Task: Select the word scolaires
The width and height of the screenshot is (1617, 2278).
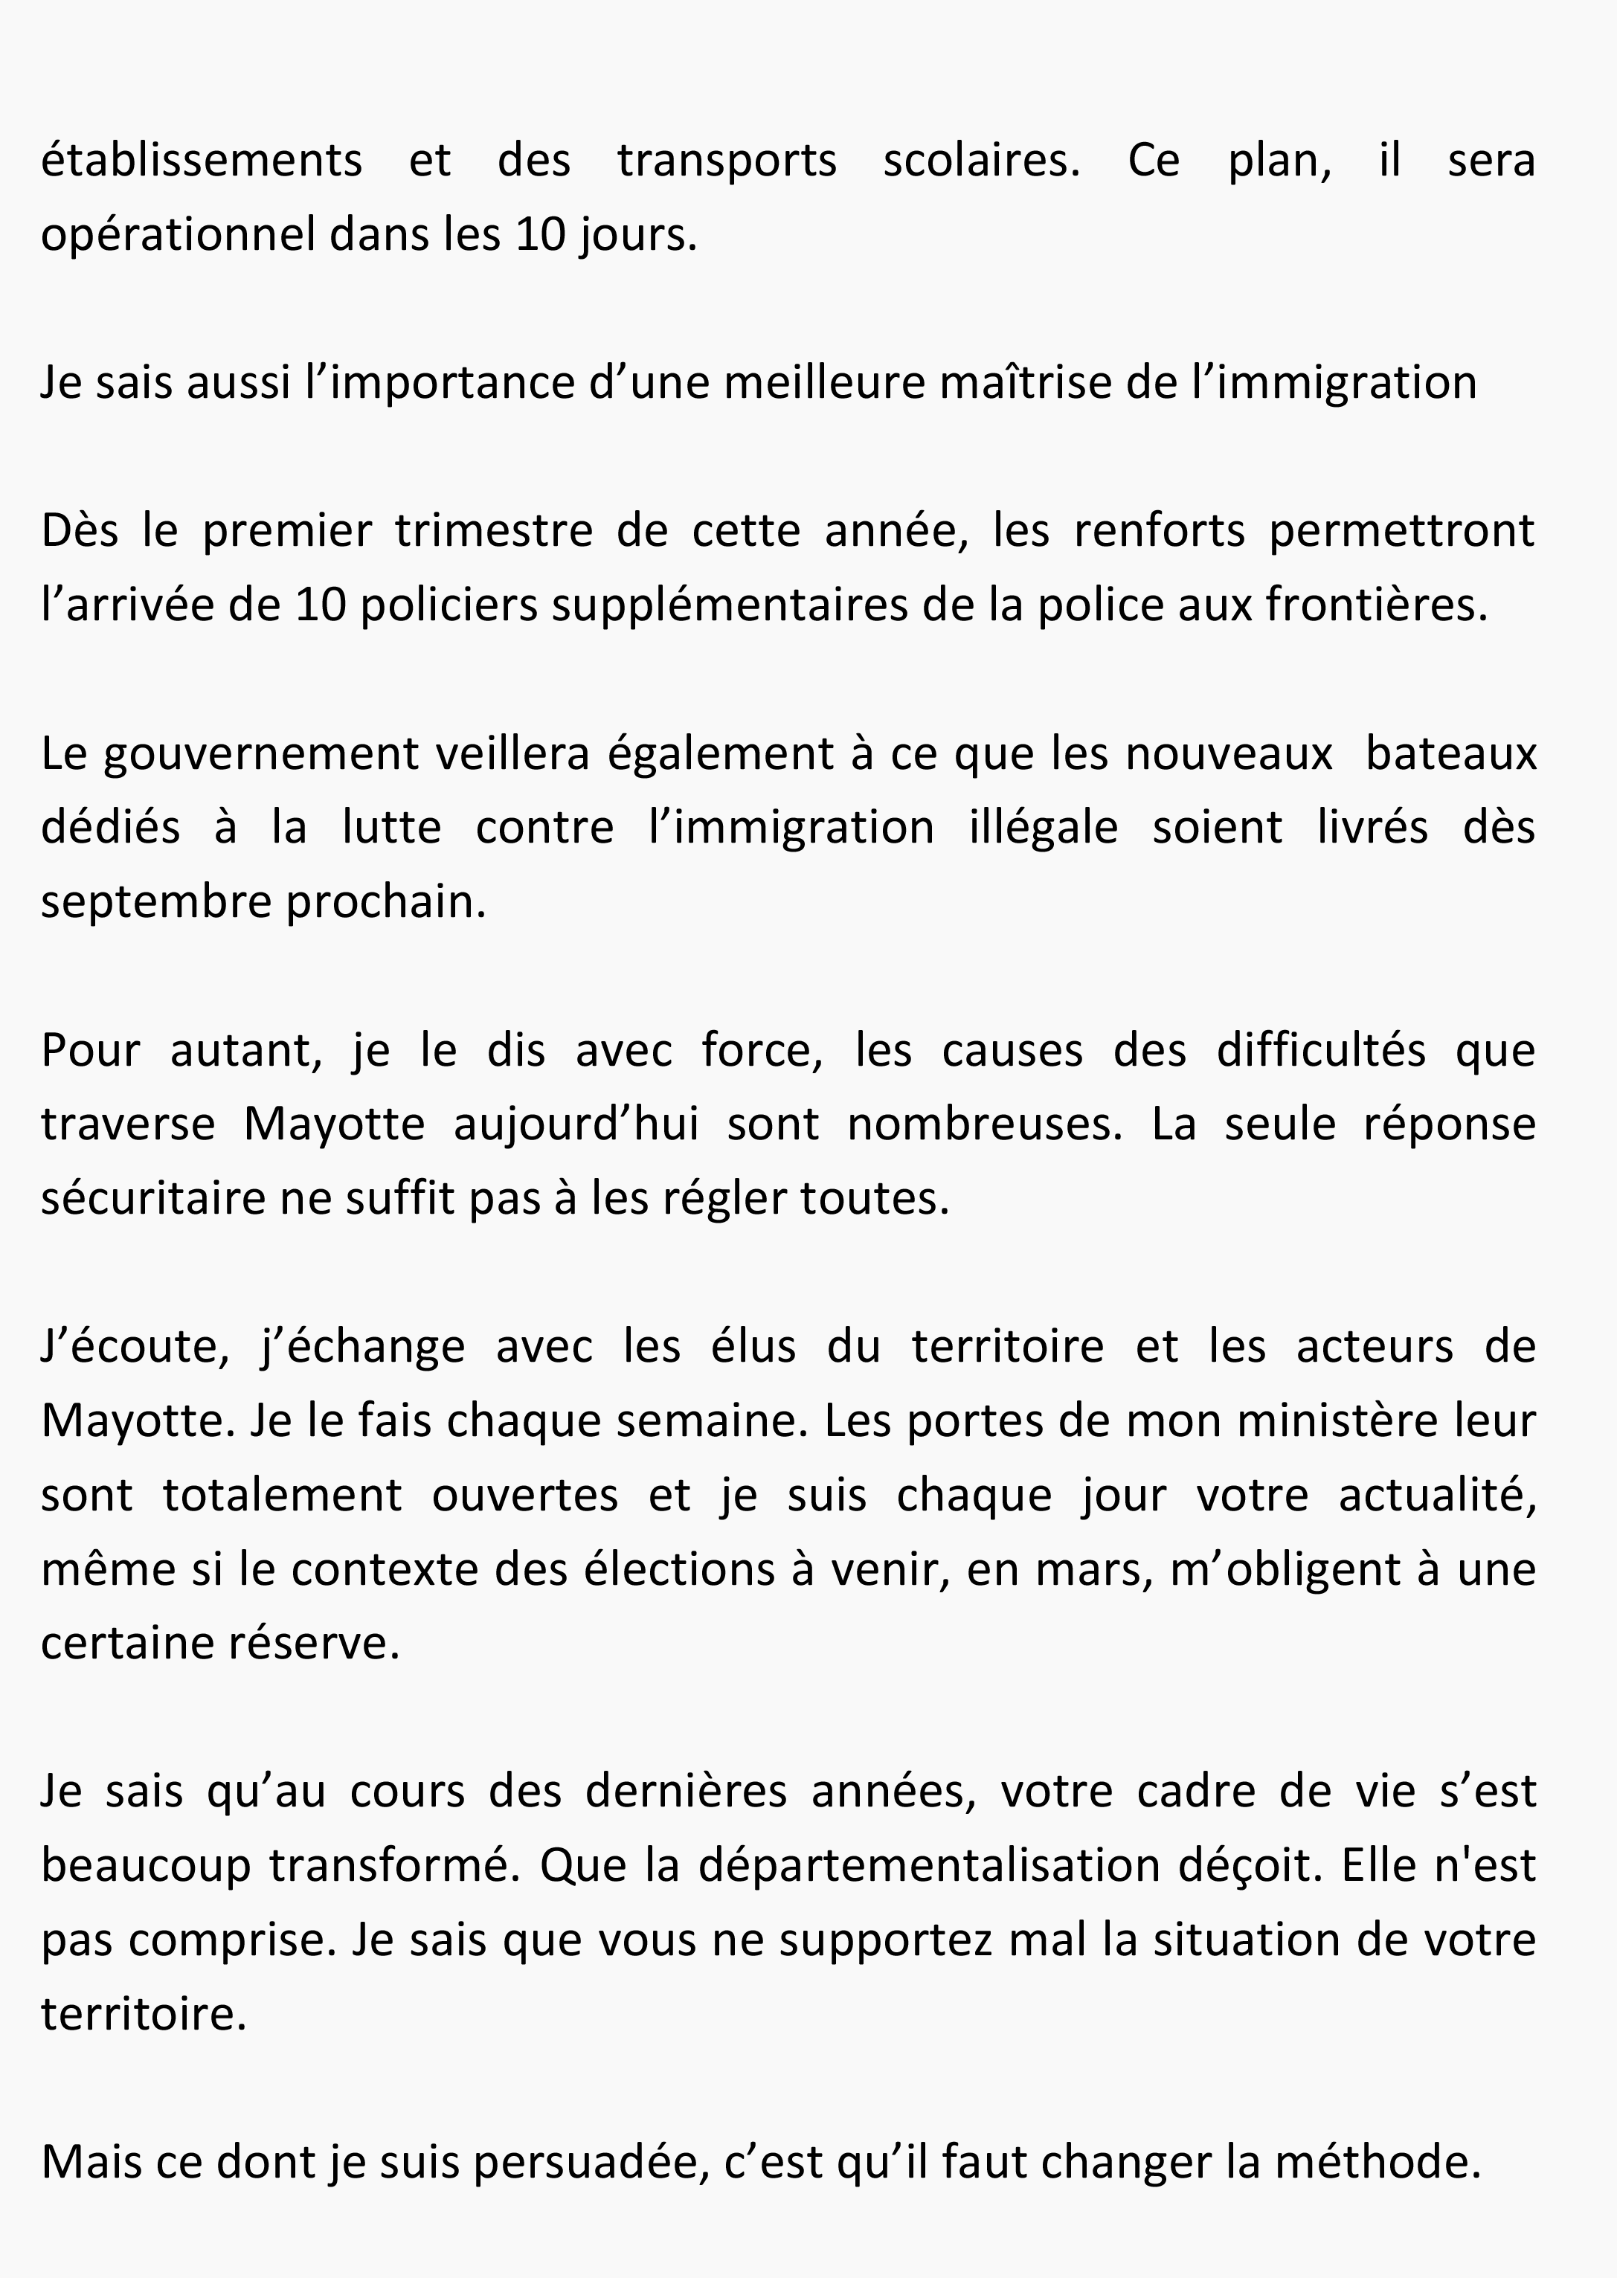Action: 981,161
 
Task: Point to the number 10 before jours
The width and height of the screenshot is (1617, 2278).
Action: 539,236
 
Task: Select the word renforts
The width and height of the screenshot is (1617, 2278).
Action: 1159,532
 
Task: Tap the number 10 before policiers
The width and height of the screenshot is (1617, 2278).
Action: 320,605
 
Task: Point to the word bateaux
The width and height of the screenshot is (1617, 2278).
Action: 1450,753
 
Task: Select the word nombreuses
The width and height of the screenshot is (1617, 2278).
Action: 984,1124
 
